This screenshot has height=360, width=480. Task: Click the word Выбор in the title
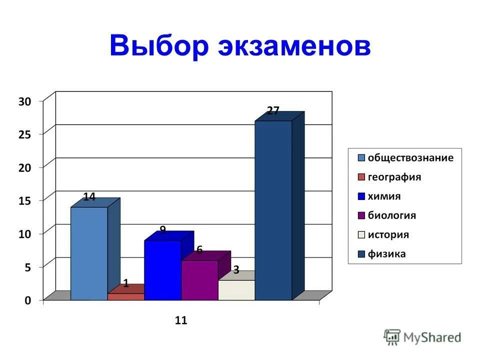point(158,46)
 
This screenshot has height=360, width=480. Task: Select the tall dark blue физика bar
point(273,210)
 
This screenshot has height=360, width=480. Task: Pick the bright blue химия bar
point(162,270)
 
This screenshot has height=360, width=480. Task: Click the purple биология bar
point(199,280)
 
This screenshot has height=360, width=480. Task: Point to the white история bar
point(236,290)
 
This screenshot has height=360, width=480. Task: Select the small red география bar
point(126,296)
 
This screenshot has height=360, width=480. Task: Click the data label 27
point(273,110)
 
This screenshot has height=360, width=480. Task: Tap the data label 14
point(89,197)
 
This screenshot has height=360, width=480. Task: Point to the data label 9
point(162,230)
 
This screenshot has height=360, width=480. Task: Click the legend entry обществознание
point(410,158)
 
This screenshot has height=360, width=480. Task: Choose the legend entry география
point(394,177)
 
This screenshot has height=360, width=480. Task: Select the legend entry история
point(388,234)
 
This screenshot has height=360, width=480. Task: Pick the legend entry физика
point(387,254)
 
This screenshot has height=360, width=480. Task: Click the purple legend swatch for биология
point(361,216)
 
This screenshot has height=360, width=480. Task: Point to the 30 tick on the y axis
point(24,101)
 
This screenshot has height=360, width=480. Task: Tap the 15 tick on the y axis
point(24,200)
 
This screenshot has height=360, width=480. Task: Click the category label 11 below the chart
point(181,320)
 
